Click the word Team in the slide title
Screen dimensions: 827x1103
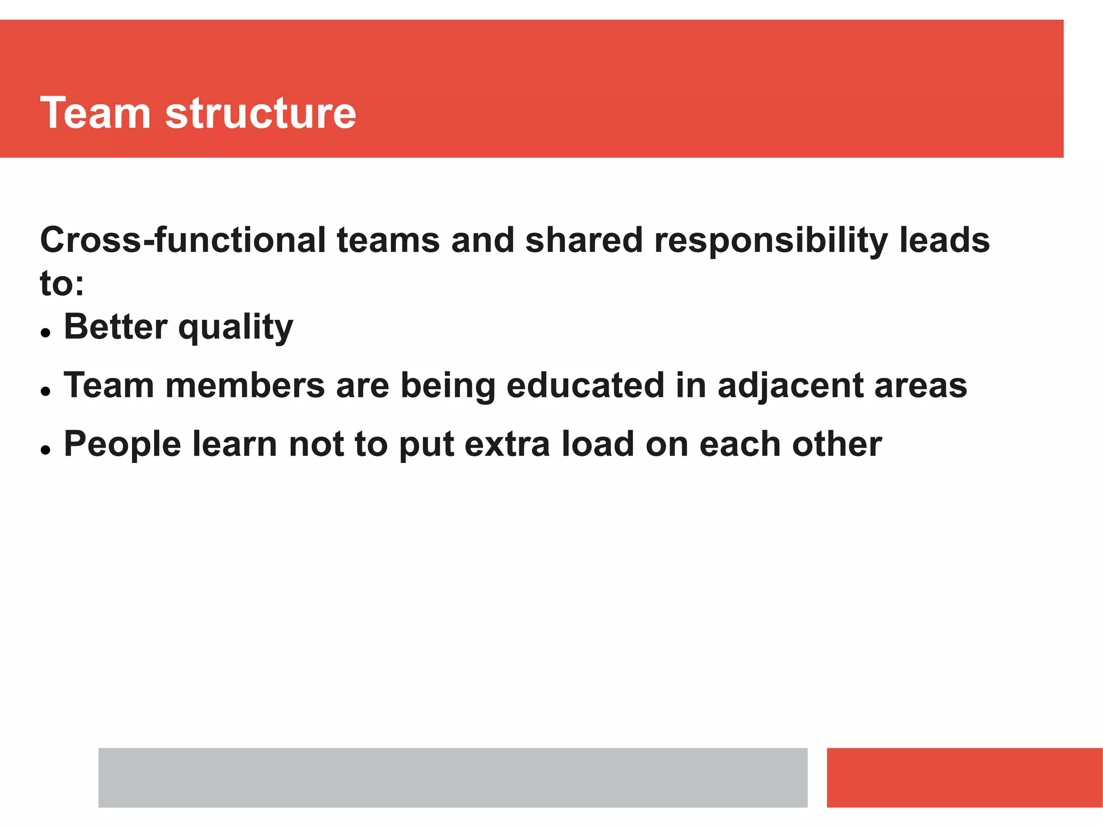[x=95, y=113]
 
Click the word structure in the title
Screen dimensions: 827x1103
[x=261, y=113]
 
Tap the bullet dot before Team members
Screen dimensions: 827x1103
[x=46, y=392]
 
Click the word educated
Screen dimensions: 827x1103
[x=585, y=386]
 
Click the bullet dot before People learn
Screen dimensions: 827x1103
[x=46, y=450]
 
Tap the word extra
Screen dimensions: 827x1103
[x=507, y=445]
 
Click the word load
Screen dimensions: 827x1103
[x=598, y=444]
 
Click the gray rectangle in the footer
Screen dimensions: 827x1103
[x=452, y=777]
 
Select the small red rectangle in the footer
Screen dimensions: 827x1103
[x=964, y=777]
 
